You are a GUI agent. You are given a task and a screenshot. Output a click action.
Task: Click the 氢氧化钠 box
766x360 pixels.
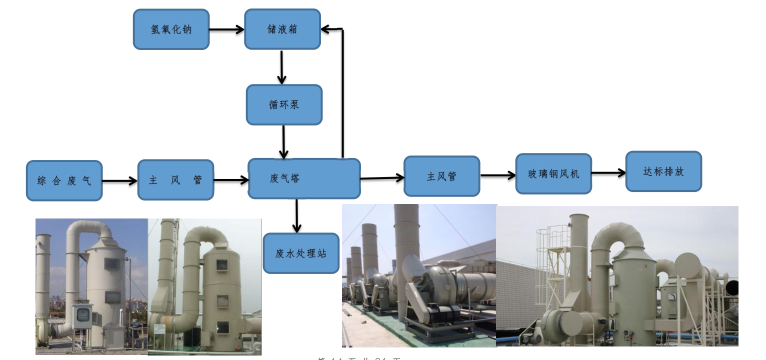click(171, 29)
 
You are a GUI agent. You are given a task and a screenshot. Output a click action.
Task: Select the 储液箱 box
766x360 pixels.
click(282, 29)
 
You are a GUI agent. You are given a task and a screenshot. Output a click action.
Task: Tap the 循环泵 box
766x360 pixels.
click(284, 105)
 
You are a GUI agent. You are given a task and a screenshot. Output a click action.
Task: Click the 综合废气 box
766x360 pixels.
click(64, 180)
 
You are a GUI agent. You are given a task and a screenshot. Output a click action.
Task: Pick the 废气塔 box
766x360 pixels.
click(304, 178)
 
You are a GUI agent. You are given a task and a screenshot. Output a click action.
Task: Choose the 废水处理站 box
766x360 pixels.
click(301, 253)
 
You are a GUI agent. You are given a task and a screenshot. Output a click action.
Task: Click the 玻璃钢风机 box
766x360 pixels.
click(553, 174)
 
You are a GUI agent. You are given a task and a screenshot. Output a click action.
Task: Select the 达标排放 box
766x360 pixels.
click(663, 171)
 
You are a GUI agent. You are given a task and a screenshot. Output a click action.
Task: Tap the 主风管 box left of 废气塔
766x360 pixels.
click(175, 180)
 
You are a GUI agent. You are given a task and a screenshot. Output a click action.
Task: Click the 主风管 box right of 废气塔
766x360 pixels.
click(441, 176)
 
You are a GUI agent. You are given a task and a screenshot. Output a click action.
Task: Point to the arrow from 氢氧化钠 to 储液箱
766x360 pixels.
click(226, 29)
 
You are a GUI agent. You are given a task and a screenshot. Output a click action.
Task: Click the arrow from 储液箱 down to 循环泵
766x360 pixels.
click(281, 67)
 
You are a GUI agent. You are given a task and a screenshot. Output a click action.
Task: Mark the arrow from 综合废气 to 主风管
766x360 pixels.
click(120, 180)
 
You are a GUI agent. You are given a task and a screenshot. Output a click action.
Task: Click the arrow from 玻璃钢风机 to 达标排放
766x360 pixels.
click(608, 173)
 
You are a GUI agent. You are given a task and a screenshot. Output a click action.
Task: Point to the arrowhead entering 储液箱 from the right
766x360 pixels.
click(326, 29)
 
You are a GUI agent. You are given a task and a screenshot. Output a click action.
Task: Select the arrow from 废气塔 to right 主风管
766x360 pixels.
click(382, 177)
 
